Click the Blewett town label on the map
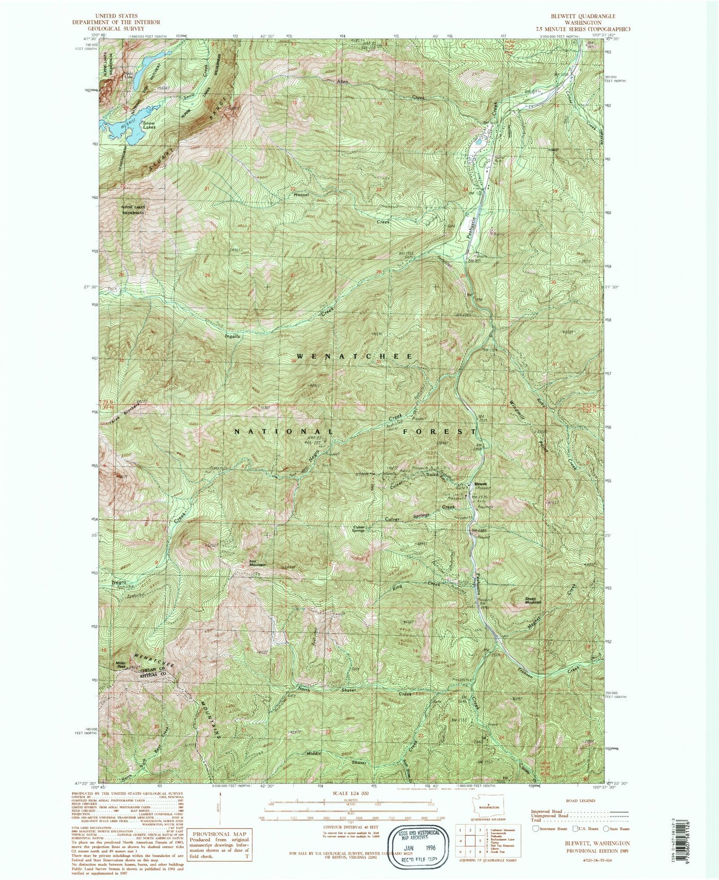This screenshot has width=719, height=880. (x=480, y=484)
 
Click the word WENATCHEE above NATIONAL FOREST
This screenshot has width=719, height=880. (x=355, y=356)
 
